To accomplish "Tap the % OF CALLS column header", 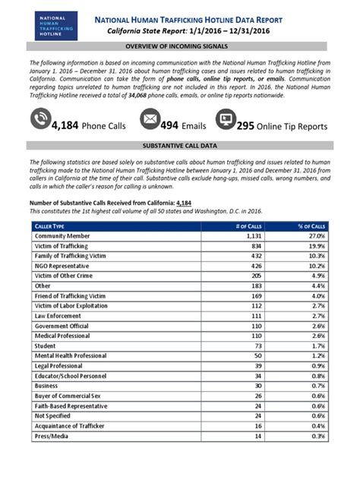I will coord(311,226).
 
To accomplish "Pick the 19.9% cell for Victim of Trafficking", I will coord(317,247).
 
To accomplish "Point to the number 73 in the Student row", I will coord(257,344).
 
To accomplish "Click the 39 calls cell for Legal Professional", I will coord(257,365).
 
